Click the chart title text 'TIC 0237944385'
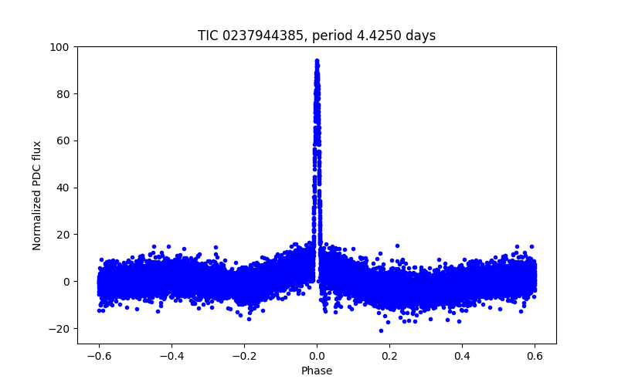[251, 36]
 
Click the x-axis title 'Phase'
[317, 371]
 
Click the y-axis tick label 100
[59, 47]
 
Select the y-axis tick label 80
[62, 94]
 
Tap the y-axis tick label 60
[62, 141]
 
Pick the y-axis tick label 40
[62, 188]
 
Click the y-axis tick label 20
[62, 235]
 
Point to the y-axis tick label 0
[65, 282]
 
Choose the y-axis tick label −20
[58, 328]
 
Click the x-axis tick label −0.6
[98, 356]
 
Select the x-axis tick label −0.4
[171, 356]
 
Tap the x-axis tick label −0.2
[243, 356]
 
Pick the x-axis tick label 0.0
[317, 356]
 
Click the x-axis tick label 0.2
[389, 356]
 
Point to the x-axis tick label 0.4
[462, 356]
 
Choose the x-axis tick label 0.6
[535, 356]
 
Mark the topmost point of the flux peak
[317, 60]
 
